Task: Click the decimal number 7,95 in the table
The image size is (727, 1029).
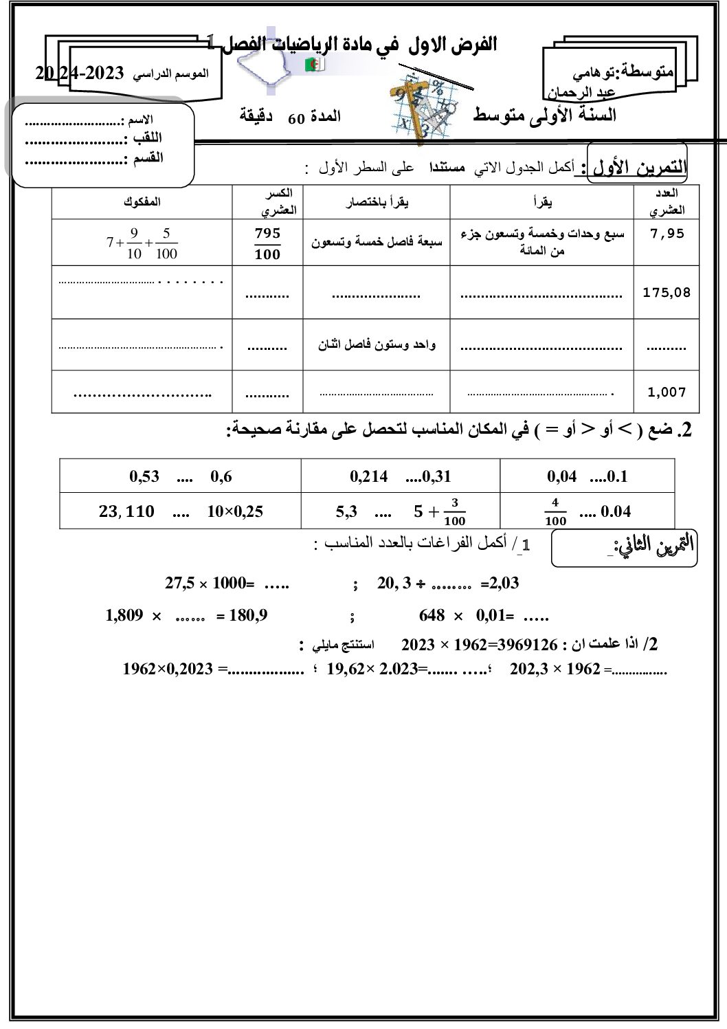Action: coord(667,234)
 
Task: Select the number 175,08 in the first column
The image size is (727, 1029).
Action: coord(667,292)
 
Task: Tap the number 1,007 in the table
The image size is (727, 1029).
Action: coord(667,392)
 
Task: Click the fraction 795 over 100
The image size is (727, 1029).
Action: coord(267,243)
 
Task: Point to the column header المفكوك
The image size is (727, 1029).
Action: coord(142,202)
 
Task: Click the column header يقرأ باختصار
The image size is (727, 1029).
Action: coord(377,202)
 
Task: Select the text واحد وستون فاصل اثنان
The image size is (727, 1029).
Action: coord(377,344)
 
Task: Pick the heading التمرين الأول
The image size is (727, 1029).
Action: coord(639,167)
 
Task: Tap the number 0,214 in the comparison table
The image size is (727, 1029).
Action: coord(369,476)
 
